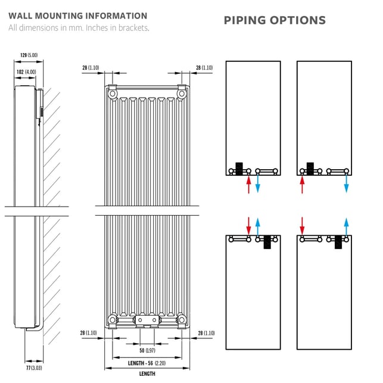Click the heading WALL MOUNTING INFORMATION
[x=78, y=16]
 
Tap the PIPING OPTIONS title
[x=275, y=20]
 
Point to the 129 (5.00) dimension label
[x=29, y=55]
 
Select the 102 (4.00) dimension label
[x=26, y=71]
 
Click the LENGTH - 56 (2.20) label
[x=147, y=362]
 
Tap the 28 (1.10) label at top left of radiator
[x=91, y=68]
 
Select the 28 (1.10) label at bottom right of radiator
[x=205, y=333]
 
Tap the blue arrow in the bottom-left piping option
[x=257, y=226]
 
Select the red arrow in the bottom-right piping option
[x=303, y=226]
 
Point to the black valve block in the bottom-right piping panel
[x=338, y=242]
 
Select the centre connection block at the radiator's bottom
[x=147, y=320]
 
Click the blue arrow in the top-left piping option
[x=257, y=184]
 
